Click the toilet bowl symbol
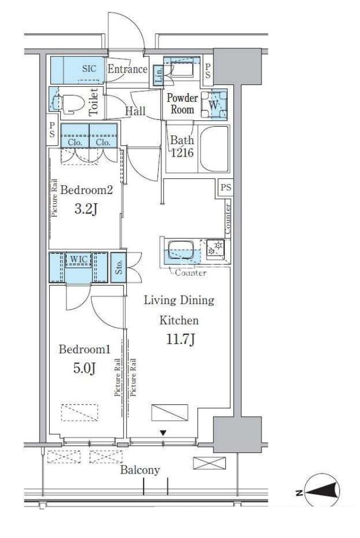(x=70, y=103)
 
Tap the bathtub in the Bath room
(x=214, y=148)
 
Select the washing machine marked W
(x=214, y=105)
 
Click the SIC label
(x=89, y=69)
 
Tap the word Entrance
(x=128, y=69)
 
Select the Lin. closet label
(x=159, y=76)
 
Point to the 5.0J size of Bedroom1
(x=84, y=368)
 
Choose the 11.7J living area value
(x=181, y=339)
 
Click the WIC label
(x=78, y=259)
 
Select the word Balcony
(x=140, y=470)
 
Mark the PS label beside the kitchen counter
(x=226, y=187)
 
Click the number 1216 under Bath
(x=182, y=153)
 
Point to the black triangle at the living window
(x=163, y=433)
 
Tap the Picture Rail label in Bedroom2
(x=54, y=199)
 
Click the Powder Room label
(x=182, y=103)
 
